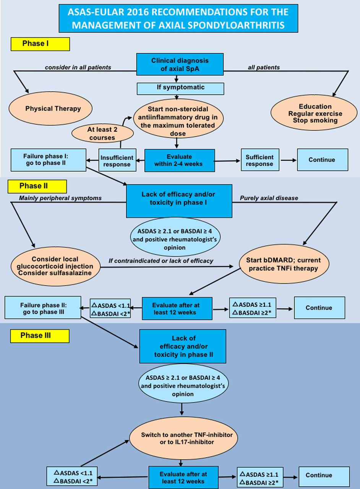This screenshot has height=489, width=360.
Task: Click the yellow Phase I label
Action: pyautogui.click(x=40, y=44)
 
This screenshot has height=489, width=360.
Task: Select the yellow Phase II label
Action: pyautogui.click(x=37, y=186)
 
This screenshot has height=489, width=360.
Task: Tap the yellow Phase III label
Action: pyautogui.click(x=40, y=336)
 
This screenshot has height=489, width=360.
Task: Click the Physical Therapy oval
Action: pyautogui.click(x=50, y=108)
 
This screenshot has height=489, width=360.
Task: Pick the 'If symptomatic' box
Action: pyautogui.click(x=180, y=88)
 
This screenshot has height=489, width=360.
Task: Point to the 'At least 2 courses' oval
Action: pyautogui.click(x=102, y=133)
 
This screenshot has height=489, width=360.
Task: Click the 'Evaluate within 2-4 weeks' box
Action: pyautogui.click(x=180, y=160)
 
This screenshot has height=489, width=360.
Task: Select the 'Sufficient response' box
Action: pyautogui.click(x=260, y=160)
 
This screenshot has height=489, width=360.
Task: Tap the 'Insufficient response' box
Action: pyautogui.click(x=117, y=160)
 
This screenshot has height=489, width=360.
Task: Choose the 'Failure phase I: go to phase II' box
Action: pyautogui.click(x=48, y=160)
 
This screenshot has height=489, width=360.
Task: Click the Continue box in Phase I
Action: pyautogui.click(x=323, y=160)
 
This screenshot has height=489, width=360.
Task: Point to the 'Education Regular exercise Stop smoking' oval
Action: pyautogui.click(x=314, y=113)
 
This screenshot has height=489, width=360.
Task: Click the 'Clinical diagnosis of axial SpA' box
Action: pyautogui.click(x=180, y=64)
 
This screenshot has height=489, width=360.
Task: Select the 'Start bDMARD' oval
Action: pyautogui.click(x=284, y=264)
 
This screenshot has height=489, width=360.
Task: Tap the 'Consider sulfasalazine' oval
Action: pyautogui.click(x=55, y=266)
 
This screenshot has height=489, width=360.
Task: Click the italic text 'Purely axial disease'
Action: pyautogui.click(x=269, y=198)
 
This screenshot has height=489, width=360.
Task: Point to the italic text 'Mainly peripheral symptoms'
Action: pyautogui.click(x=60, y=198)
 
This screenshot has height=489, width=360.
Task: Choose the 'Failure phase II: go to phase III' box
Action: pyautogui.click(x=43, y=308)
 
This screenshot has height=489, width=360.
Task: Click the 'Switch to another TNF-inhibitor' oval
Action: pyautogui.click(x=183, y=439)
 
